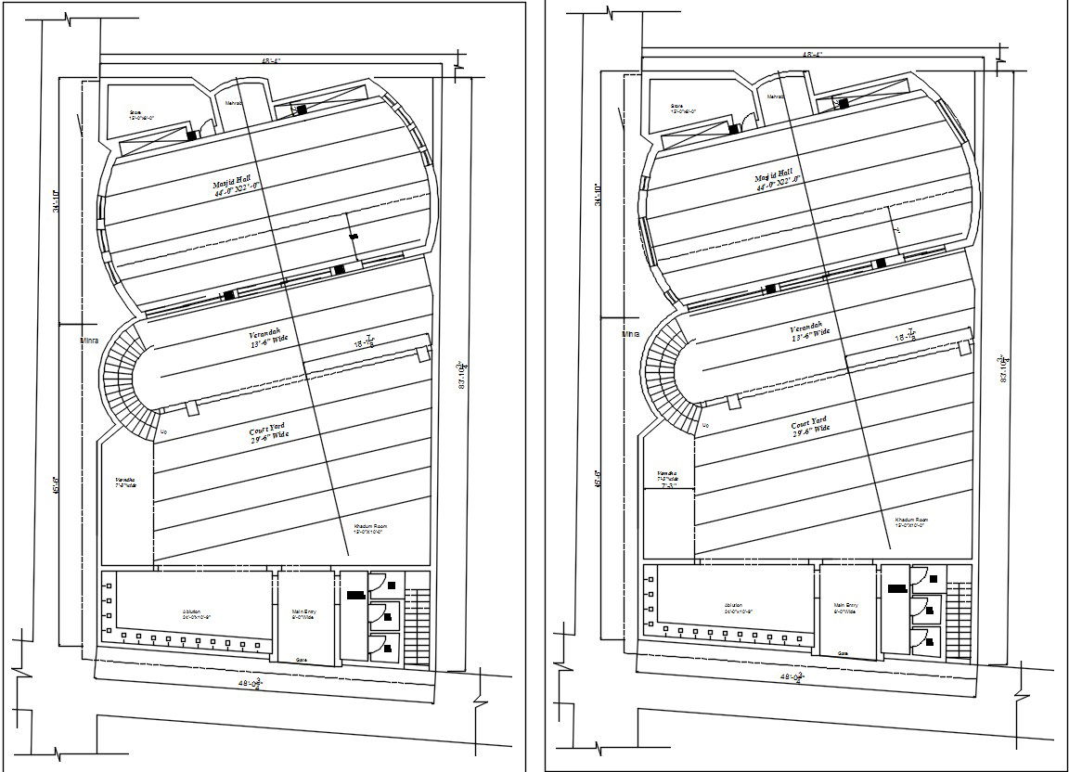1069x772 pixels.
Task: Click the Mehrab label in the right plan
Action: [x=774, y=96]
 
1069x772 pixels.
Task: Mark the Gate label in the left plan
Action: [x=302, y=660]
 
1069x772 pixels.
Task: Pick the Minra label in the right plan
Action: [x=631, y=333]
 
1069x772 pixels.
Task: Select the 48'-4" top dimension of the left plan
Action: [x=270, y=61]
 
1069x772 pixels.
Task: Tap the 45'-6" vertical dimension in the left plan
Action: [x=58, y=486]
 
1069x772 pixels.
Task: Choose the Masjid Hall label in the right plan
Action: [x=773, y=179]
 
